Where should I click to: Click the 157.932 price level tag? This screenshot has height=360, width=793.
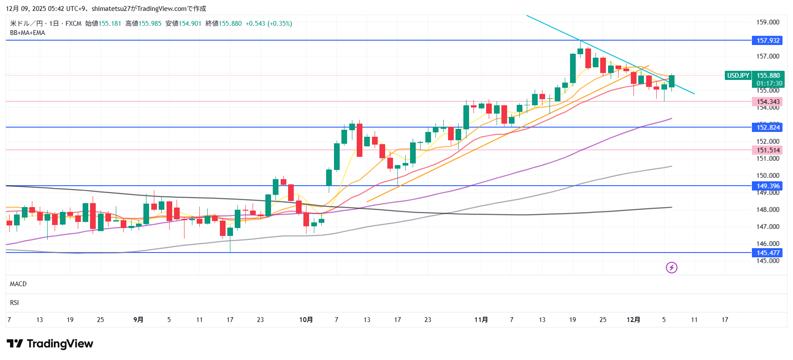tap(768, 41)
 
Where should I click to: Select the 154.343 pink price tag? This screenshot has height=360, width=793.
tap(768, 102)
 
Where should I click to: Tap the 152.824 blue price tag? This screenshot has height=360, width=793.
tap(768, 128)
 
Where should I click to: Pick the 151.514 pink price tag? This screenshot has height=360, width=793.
tap(768, 150)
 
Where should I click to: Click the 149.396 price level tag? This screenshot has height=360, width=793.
tap(768, 186)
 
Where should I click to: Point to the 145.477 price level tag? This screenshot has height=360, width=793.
tap(768, 253)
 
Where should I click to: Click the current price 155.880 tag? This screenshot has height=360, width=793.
tap(768, 76)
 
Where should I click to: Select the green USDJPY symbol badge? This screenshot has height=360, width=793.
tap(738, 76)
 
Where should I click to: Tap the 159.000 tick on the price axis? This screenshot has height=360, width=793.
tap(768, 22)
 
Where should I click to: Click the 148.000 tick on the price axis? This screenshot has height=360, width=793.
tap(768, 210)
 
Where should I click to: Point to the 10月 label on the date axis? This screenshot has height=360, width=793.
tap(306, 320)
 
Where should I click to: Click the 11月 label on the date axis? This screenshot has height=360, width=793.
tap(481, 320)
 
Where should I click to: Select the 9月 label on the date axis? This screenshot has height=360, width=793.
tap(138, 320)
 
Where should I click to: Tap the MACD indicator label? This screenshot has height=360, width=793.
tap(18, 284)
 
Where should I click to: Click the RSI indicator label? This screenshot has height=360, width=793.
tap(14, 303)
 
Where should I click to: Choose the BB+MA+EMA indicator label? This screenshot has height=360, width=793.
tap(28, 33)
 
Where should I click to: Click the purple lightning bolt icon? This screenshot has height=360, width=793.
tap(671, 267)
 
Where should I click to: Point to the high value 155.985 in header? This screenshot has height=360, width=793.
tap(150, 24)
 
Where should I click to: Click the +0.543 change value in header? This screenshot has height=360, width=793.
tap(255, 24)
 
